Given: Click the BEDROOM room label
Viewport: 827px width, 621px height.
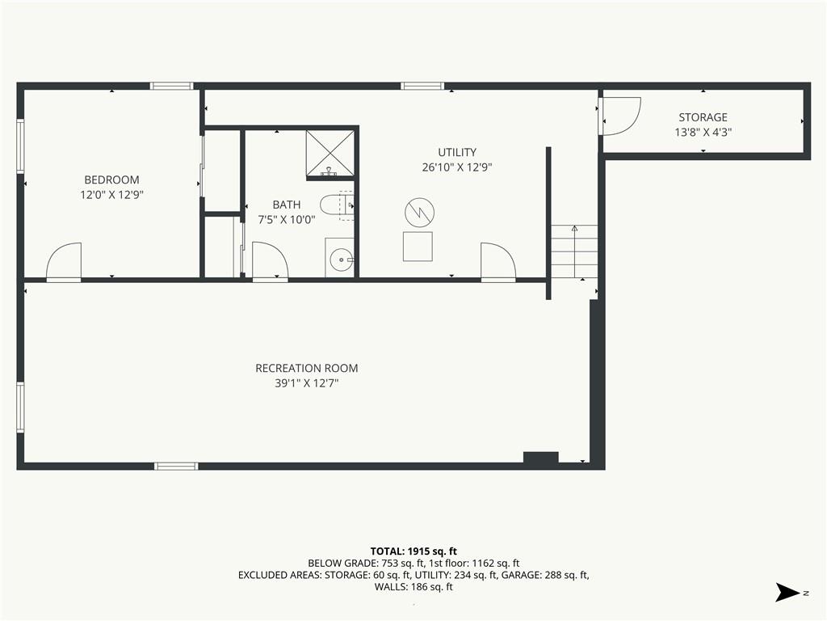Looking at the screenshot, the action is (x=111, y=180).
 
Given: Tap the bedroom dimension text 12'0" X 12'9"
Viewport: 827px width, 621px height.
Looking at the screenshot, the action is (x=111, y=195).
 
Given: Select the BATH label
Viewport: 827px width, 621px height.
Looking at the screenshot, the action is (x=287, y=205).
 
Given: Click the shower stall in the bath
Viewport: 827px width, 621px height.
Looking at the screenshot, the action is (x=330, y=153).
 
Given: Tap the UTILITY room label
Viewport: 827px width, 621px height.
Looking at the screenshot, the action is (x=457, y=152).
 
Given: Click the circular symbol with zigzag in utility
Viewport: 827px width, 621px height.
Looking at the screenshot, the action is (x=419, y=213).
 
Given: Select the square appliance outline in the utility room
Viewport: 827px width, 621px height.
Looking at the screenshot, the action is (x=418, y=246).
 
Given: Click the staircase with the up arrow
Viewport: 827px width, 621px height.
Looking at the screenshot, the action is (x=574, y=251).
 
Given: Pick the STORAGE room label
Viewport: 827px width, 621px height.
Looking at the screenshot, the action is (x=703, y=117).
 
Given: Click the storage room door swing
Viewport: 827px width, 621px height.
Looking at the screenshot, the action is (x=621, y=116).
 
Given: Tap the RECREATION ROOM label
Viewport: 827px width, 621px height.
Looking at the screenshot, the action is (x=306, y=368).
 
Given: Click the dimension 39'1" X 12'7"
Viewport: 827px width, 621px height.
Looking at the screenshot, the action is (x=306, y=383).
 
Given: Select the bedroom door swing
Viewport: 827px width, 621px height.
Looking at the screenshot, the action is (x=64, y=261).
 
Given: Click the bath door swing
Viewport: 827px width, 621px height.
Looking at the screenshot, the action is (x=270, y=261).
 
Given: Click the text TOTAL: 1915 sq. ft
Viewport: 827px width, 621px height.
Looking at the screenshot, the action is (x=413, y=551).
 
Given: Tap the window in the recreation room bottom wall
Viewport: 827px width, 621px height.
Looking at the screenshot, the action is (x=176, y=466).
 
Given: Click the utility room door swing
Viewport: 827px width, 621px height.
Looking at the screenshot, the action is (x=497, y=261).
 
